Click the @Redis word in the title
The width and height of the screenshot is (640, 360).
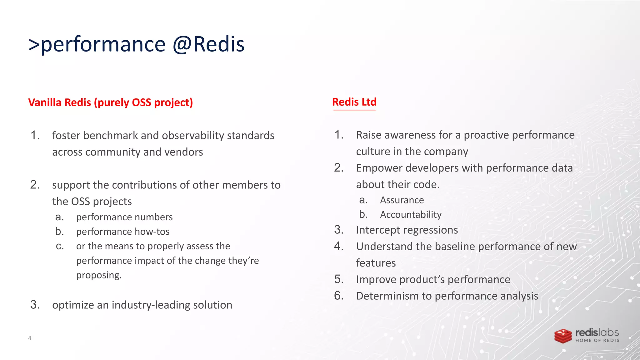pyautogui.click(x=208, y=44)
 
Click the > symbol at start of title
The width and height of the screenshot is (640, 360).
pyautogui.click(x=34, y=44)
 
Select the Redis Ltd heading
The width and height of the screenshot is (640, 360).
pyautogui.click(x=354, y=102)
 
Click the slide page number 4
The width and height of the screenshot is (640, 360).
pyautogui.click(x=30, y=338)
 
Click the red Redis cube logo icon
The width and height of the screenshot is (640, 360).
pyautogui.click(x=563, y=336)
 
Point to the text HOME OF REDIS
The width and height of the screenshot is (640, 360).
pyautogui.click(x=597, y=341)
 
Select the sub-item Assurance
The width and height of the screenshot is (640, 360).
pyautogui.click(x=402, y=200)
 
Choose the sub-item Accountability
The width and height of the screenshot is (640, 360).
pyautogui.click(x=411, y=215)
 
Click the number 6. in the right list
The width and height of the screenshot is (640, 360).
pyautogui.click(x=339, y=296)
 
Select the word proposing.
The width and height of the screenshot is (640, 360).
pyautogui.click(x=99, y=275)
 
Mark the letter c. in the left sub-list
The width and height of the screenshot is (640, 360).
pyautogui.click(x=60, y=246)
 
